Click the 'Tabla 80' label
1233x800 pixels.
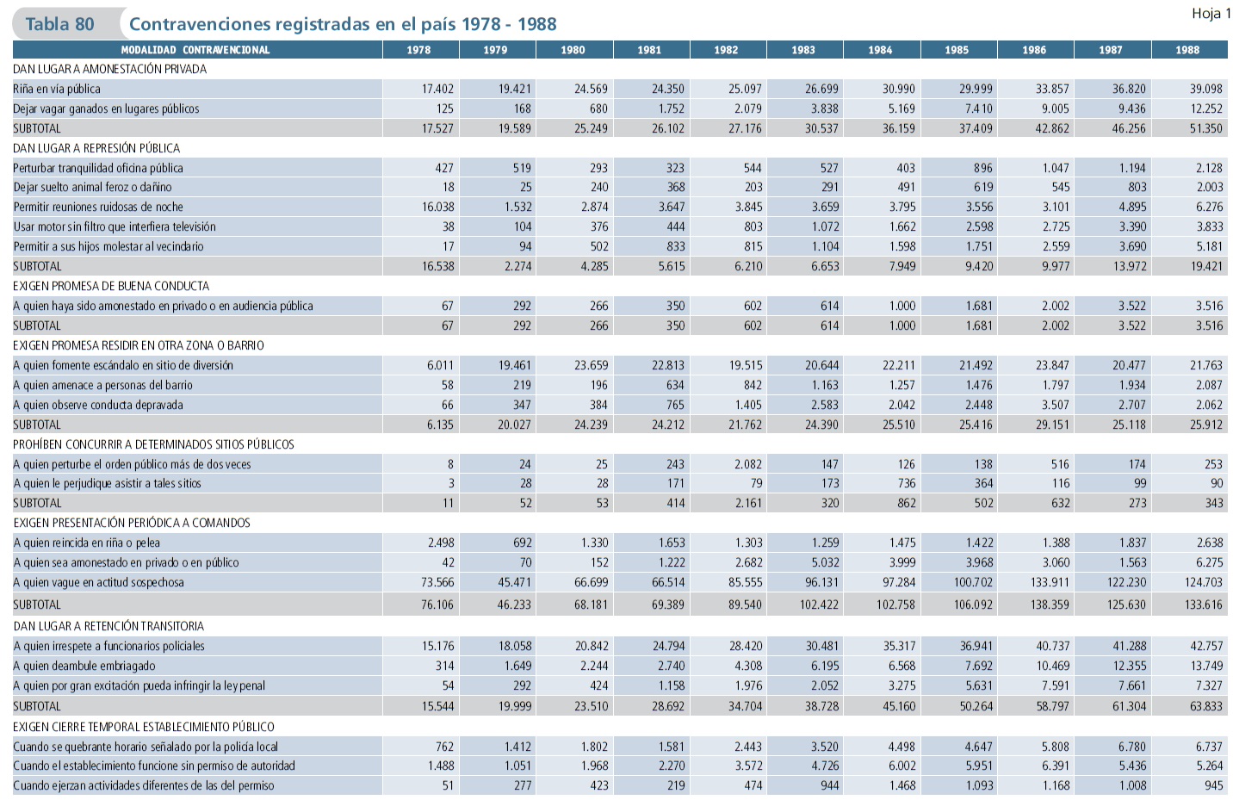coord(59,24)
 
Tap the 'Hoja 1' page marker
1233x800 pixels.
coord(1211,13)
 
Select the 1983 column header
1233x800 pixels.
coord(803,50)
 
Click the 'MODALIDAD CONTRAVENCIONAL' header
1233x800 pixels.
coord(195,50)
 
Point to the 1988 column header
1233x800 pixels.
coord(1187,50)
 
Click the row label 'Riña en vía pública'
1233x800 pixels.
coord(57,89)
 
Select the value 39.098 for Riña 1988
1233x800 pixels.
coord(1205,89)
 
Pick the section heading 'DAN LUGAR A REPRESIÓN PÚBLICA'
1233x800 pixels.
coord(96,148)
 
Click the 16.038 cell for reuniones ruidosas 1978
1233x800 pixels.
coord(437,207)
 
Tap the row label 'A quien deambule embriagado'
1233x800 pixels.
coord(84,666)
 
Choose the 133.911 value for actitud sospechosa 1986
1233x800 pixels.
coord(1050,582)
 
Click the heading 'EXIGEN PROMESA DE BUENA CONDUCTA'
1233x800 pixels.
coord(111,286)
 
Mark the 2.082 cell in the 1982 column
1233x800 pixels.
coord(747,464)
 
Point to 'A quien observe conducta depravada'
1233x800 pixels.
coord(98,405)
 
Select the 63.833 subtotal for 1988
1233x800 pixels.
coord(1205,706)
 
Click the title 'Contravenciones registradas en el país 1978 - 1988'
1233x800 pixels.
coord(343,24)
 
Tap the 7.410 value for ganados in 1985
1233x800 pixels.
coord(978,109)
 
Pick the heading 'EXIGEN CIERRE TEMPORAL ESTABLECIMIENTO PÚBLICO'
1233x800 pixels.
coord(144,727)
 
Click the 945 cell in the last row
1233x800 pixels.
coord(1213,785)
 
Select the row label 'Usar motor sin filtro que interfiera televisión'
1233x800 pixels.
coord(115,226)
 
